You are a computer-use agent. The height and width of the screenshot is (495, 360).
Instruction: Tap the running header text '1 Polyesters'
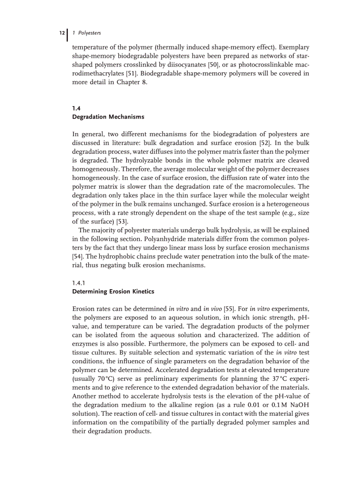[x=86, y=33]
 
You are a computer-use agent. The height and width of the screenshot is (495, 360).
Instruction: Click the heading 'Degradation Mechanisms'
[x=108, y=117]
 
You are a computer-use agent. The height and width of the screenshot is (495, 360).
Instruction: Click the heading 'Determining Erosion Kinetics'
[x=113, y=292]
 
